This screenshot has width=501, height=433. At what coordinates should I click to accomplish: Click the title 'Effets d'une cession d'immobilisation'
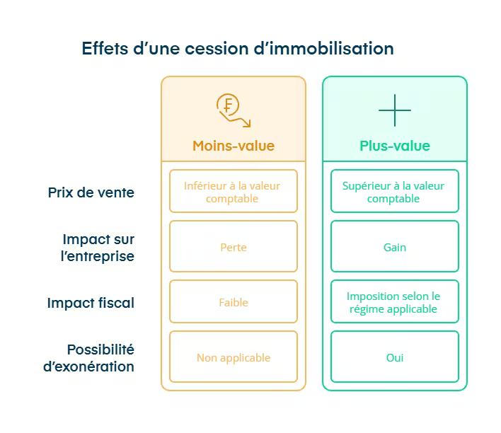point(237,49)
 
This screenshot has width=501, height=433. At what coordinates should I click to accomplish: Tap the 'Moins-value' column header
point(233,146)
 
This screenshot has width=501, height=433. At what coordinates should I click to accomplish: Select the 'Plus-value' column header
point(394,146)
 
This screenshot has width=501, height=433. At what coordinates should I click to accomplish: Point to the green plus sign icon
point(394,110)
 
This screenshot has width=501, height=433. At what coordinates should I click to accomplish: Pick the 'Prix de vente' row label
point(91,192)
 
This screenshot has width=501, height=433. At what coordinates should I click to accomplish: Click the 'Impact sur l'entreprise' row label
point(98,248)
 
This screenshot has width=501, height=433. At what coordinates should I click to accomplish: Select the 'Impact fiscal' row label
point(91,303)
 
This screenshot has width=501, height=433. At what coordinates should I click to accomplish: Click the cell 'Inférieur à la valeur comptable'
point(233,192)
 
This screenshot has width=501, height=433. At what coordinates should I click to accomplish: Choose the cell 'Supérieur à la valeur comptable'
point(394,192)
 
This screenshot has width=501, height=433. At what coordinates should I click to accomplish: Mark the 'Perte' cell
point(233,247)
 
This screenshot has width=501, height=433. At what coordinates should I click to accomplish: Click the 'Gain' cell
point(394,247)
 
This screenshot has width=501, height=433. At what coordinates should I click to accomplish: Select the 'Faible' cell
point(233,302)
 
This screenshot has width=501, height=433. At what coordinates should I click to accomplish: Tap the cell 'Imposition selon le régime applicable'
point(394,302)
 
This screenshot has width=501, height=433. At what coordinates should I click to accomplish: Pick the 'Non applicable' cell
point(233,357)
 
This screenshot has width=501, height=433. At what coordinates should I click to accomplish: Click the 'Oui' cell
point(394,357)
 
